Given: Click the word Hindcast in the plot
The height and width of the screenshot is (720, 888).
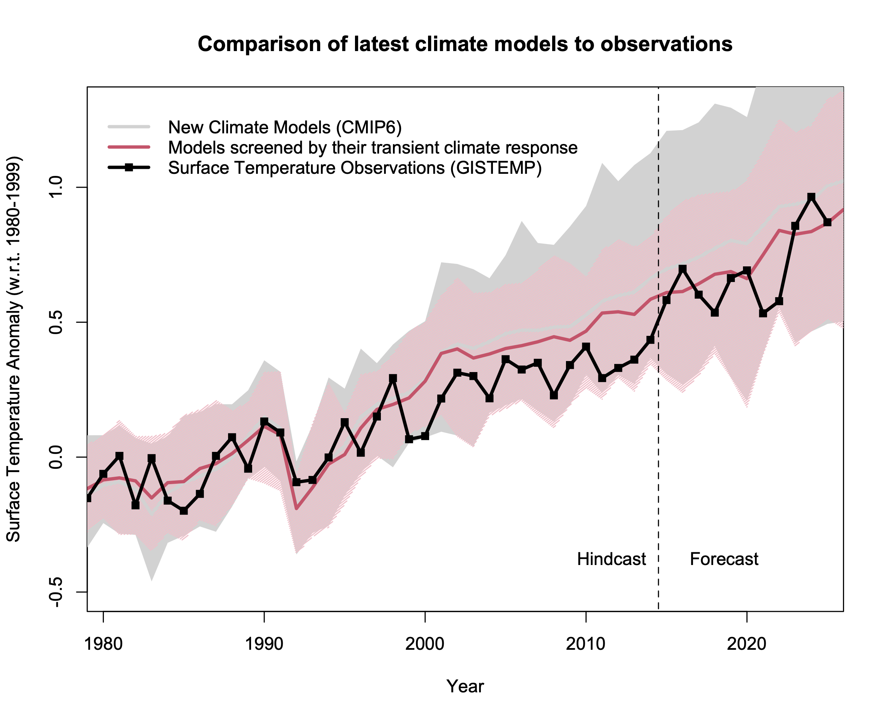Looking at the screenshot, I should click(x=611, y=559).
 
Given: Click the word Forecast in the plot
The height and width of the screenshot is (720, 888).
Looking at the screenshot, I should click(x=724, y=559).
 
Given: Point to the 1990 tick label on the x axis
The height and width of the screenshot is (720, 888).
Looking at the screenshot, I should click(x=264, y=644).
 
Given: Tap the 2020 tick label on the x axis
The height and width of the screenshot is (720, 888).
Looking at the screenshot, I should click(x=747, y=644).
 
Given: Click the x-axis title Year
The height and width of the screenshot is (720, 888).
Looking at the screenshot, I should click(x=465, y=686).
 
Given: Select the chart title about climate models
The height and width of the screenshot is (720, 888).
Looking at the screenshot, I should click(x=465, y=44).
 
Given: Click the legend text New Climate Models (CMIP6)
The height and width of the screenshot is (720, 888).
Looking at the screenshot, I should click(x=285, y=127).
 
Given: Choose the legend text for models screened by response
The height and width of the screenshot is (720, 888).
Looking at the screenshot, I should click(x=372, y=148).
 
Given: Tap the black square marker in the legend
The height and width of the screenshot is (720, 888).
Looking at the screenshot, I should click(x=129, y=167).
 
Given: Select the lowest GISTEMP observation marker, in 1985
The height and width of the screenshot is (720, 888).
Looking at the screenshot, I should click(x=184, y=510).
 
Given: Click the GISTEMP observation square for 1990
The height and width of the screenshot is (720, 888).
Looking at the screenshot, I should click(x=264, y=422).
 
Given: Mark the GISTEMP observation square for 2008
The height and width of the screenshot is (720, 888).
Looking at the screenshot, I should click(x=554, y=395).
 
